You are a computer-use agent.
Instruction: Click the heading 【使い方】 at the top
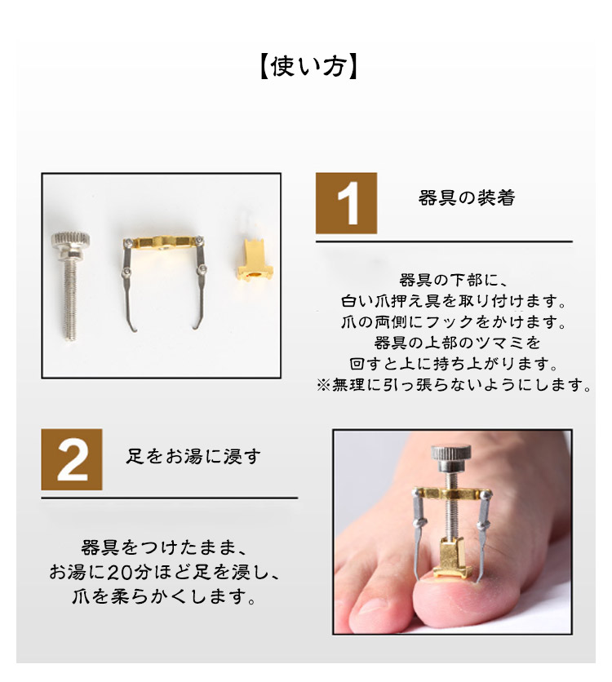click(308, 67)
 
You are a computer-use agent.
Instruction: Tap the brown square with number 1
click(346, 203)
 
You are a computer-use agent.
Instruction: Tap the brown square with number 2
click(72, 459)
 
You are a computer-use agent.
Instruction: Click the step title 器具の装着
click(466, 198)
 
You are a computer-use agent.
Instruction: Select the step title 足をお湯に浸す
click(193, 456)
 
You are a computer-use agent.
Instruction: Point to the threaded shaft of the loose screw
click(69, 298)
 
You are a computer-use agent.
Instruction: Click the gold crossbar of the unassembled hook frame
click(163, 241)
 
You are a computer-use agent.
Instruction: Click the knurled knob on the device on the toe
click(451, 454)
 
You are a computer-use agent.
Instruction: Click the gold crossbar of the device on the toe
click(452, 494)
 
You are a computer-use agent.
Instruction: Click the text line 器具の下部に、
click(453, 280)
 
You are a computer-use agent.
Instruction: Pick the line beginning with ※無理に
click(453, 384)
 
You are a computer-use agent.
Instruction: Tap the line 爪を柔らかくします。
click(163, 596)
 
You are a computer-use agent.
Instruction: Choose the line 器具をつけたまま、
click(163, 547)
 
